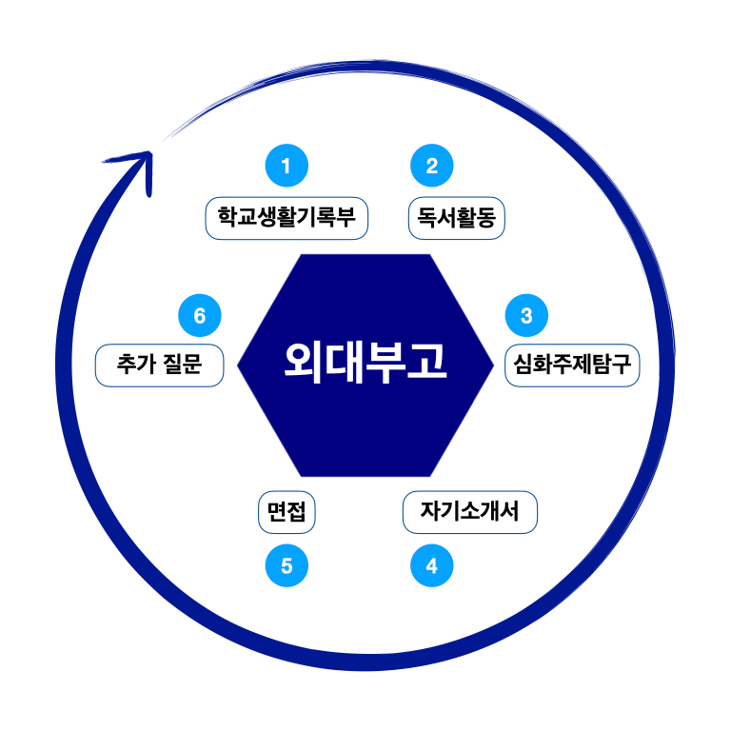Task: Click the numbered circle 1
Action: click(286, 166)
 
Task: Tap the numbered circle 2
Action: click(431, 166)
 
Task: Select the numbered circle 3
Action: click(526, 313)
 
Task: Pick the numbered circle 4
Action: click(431, 566)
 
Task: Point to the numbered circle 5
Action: click(286, 566)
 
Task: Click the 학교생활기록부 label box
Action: click(286, 219)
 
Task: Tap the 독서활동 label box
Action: click(456, 219)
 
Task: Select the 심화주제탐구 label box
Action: click(572, 365)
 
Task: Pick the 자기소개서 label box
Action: click(470, 512)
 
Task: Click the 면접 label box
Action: click(286, 512)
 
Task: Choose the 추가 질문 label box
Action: click(160, 365)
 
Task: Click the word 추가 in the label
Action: click(133, 365)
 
